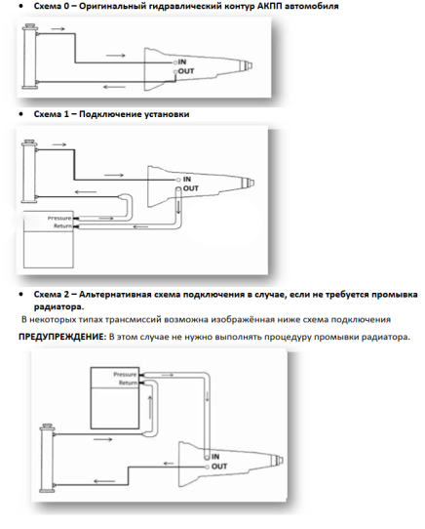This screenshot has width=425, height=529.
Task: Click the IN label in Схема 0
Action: pyautogui.click(x=182, y=61)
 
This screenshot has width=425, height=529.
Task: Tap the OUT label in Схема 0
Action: pyautogui.click(x=186, y=71)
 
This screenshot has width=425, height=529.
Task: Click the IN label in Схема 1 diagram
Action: pyautogui.click(x=187, y=180)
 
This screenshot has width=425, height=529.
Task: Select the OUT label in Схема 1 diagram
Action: pyautogui.click(x=191, y=188)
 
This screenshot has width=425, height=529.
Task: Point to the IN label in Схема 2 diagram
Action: pyautogui.click(x=215, y=457)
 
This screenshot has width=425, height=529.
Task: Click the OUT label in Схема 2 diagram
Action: pyautogui.click(x=219, y=467)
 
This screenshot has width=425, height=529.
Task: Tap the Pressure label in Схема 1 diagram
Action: pyautogui.click(x=59, y=218)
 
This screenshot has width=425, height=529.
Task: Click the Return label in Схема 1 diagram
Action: pyautogui.click(x=62, y=225)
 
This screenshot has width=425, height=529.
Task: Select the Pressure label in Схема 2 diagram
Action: pyautogui.click(x=125, y=375)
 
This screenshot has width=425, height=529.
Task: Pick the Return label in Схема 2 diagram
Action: pyautogui.click(x=128, y=383)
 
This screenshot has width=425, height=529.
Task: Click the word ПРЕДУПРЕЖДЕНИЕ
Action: pyautogui.click(x=62, y=337)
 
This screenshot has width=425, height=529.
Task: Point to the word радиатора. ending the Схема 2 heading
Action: pyautogui.click(x=58, y=307)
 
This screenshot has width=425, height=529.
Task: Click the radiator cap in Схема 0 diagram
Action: pyautogui.click(x=29, y=26)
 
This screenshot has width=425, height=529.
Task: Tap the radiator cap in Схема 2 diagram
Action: pyautogui.click(x=47, y=427)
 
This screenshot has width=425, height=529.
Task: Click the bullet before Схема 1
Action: pyautogui.click(x=21, y=114)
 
